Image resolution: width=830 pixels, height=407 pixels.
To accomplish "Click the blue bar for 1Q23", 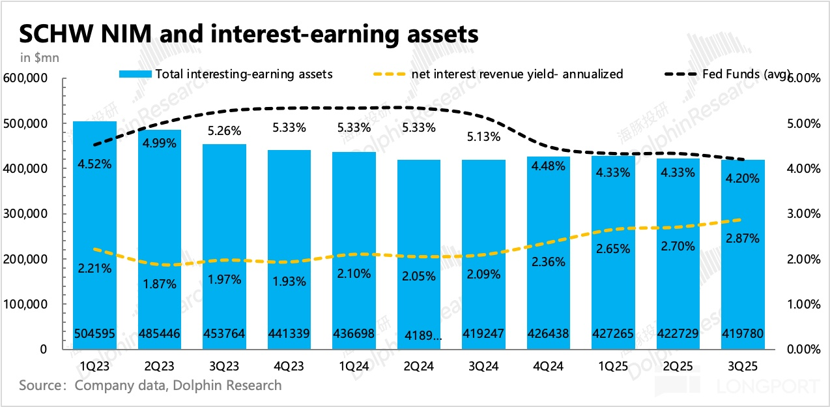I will point(94,215).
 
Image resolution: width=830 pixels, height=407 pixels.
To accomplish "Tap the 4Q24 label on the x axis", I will point(549,366).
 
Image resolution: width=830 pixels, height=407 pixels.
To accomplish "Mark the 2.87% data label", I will point(743,239).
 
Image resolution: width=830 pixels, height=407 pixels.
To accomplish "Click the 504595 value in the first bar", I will point(94,334).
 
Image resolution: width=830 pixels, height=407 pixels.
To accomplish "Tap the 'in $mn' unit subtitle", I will point(40,58).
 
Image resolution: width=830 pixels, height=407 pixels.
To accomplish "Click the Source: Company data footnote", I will point(150,385).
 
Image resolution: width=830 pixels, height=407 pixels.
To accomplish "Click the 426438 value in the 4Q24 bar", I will point(549,334).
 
